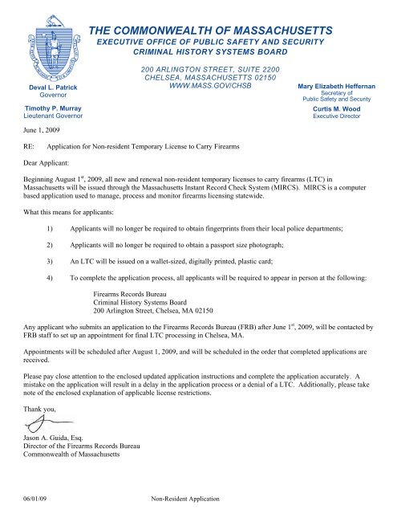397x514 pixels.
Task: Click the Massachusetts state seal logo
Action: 47,41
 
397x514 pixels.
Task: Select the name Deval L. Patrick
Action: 47,84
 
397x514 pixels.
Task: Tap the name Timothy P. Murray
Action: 48,106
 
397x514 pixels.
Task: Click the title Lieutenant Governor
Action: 48,116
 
